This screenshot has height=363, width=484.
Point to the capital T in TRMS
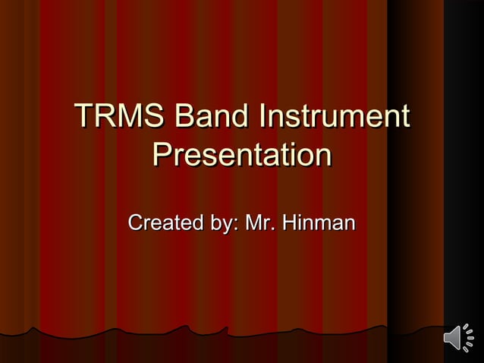coord(83,118)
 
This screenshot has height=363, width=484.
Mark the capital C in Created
coord(137,224)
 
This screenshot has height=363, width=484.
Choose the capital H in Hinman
coord(290,224)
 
